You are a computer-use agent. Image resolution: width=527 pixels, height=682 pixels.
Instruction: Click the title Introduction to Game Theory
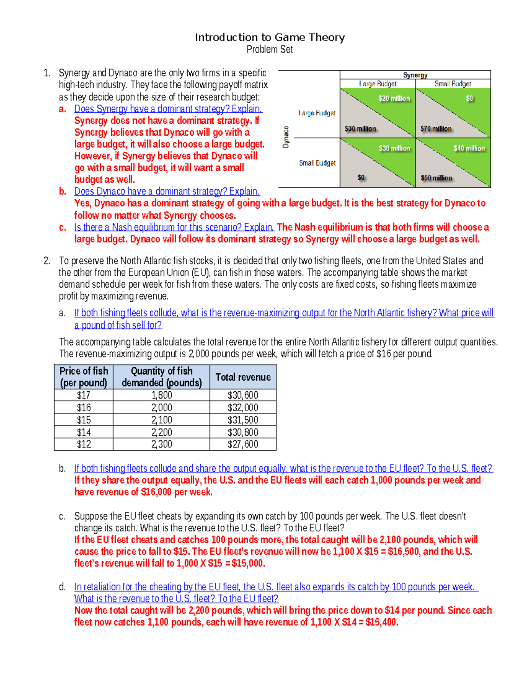[x=270, y=37]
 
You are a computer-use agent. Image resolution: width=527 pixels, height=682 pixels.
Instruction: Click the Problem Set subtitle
[x=270, y=49]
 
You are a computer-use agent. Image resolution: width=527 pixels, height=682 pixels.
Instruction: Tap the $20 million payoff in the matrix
[x=394, y=98]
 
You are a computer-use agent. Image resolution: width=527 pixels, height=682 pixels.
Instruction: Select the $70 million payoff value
[x=436, y=129]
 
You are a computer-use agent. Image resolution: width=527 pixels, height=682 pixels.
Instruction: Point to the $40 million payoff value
[x=469, y=148]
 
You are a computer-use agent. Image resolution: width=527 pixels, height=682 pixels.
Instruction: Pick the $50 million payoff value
[x=436, y=178]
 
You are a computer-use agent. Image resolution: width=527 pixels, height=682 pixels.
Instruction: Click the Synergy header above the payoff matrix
[x=415, y=75]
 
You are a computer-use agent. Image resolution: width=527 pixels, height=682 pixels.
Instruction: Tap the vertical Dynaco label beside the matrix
[x=285, y=137]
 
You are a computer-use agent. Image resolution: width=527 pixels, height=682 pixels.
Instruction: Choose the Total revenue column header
[x=243, y=377]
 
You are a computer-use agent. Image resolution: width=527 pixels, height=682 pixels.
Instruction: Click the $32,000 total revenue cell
[x=243, y=408]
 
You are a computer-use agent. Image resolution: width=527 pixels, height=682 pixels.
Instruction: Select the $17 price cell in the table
[x=83, y=395]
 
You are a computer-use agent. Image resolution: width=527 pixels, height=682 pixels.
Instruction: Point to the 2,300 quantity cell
[x=162, y=444]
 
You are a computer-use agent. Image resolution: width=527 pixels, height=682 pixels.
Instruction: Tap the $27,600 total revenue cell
[x=243, y=444]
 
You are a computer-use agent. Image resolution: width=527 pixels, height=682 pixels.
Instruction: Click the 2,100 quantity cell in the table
[x=162, y=420]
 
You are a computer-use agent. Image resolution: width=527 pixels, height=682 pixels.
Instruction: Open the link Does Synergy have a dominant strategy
[x=168, y=108]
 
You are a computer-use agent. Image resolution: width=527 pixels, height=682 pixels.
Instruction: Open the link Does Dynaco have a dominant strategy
[x=167, y=191]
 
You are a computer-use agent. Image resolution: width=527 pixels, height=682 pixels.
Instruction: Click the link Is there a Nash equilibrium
[x=174, y=227]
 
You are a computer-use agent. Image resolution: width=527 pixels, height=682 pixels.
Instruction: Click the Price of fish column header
[x=83, y=377]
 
